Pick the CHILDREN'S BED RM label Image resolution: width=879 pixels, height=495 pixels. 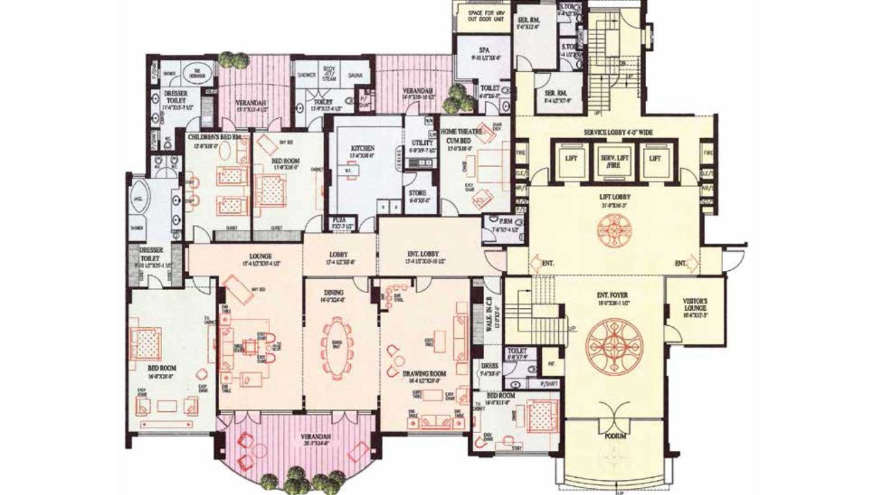tap(214, 137)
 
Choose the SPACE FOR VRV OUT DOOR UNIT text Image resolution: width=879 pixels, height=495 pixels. tap(483, 15)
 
